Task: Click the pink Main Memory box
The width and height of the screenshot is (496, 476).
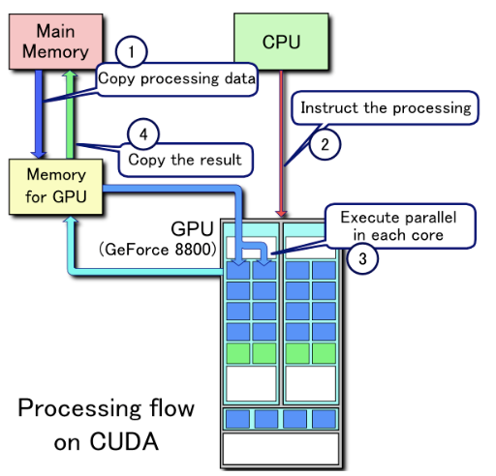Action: pos(55,42)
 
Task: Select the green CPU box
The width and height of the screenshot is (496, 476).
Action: pos(281,42)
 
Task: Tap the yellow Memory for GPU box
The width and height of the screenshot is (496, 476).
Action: pos(56,187)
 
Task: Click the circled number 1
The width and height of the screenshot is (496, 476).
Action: pos(131,51)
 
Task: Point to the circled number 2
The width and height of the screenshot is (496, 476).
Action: pos(325,144)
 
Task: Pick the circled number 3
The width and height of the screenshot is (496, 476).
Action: pos(362,258)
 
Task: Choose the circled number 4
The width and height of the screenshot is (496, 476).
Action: pos(143,134)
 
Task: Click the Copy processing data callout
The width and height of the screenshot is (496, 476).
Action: pos(177,79)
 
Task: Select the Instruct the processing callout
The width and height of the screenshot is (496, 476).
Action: pos(386,107)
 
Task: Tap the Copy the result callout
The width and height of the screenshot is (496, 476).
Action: pos(185,160)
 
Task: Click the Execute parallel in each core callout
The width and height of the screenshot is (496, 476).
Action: pos(400,225)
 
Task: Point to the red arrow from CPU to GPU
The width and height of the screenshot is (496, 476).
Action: pos(281,143)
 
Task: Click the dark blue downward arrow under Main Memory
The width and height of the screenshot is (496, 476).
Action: pos(39,114)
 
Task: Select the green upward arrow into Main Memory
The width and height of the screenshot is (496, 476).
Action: pos(70,114)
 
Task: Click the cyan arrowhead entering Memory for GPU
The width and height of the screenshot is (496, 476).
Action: pos(71,220)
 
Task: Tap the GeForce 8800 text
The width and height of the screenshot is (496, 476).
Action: pos(158,250)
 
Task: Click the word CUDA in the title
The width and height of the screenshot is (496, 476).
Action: pos(124,441)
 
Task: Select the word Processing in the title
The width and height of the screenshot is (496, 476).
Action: pos(79,408)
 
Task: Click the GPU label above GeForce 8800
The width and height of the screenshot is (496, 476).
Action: pos(192,229)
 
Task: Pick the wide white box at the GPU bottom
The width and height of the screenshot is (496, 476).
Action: pos(280,449)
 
